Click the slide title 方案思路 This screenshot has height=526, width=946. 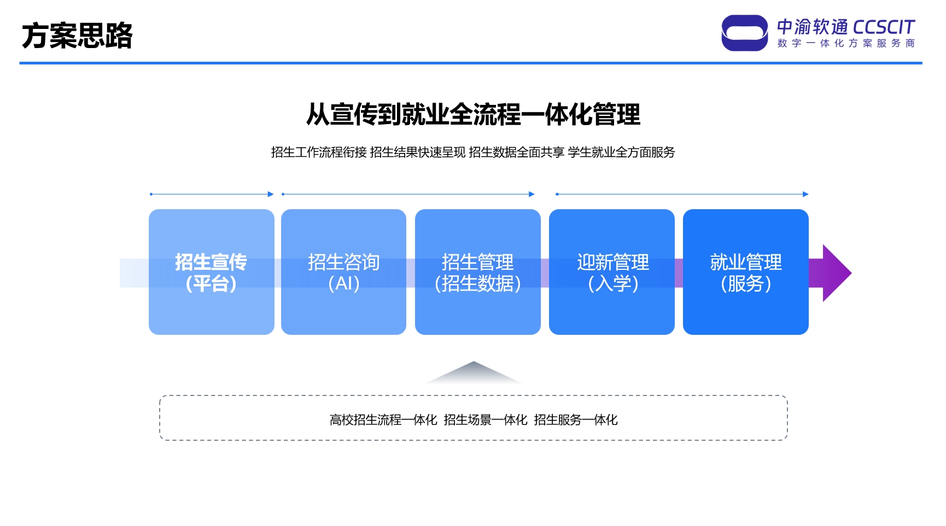tap(77, 36)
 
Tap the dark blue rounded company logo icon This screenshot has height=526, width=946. tap(744, 33)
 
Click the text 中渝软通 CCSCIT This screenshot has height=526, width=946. tap(846, 27)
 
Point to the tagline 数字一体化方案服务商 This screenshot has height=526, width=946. tap(846, 43)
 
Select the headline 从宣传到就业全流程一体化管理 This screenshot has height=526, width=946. tap(473, 114)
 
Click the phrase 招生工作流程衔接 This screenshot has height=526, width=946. tap(319, 152)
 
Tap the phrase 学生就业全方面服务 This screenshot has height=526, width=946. tap(621, 152)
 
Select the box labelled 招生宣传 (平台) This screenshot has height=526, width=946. tap(212, 272)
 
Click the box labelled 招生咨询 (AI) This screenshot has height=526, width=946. tap(343, 272)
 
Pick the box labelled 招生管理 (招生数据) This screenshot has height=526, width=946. tap(478, 272)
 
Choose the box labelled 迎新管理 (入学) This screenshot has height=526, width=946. tap(612, 272)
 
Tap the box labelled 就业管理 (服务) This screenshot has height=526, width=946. tap(746, 272)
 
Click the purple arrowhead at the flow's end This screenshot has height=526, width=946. tap(837, 273)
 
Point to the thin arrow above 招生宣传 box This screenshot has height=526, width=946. tap(212, 194)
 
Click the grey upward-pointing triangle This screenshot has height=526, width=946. tap(474, 373)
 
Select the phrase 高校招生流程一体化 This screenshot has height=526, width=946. tap(383, 420)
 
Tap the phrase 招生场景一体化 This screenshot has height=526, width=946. tap(486, 420)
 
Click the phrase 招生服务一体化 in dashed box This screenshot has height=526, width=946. tap(576, 420)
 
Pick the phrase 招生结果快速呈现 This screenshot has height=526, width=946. tap(418, 152)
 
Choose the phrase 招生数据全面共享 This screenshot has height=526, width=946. tap(517, 152)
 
